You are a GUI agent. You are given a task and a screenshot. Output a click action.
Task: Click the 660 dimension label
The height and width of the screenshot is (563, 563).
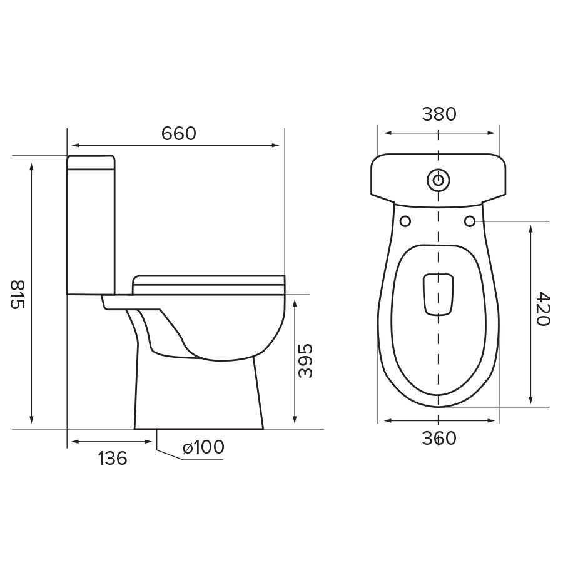click(x=179, y=133)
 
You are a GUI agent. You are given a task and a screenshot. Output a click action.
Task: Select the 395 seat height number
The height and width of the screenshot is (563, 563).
click(x=305, y=361)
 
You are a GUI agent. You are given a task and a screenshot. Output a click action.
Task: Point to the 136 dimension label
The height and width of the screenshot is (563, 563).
click(x=113, y=459)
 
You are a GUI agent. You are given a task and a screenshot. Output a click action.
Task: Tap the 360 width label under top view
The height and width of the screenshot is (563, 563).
click(x=439, y=439)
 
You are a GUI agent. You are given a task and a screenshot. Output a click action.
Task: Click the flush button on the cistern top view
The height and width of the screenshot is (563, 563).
click(x=439, y=180)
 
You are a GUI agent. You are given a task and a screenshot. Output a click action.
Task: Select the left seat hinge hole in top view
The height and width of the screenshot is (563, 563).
click(x=405, y=221)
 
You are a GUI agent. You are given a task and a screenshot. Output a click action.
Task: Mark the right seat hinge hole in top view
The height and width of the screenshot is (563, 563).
click(x=472, y=221)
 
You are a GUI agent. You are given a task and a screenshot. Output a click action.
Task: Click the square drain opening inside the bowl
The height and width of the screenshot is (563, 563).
click(x=439, y=294)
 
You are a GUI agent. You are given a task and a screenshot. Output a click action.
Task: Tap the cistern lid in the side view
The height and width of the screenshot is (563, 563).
click(x=91, y=163)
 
